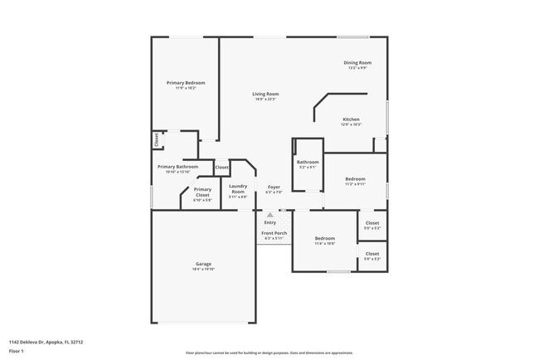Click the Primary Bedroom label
(186, 83)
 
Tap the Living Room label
(265, 94)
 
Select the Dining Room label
(357, 63)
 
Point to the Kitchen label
(352, 119)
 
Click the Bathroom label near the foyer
(308, 162)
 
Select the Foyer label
(274, 187)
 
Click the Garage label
(203, 264)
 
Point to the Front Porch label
(274, 233)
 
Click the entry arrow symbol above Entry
(270, 215)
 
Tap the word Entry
(270, 222)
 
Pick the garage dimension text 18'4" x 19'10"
(203, 270)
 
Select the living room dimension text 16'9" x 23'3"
(265, 100)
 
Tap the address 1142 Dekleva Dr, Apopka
(46, 341)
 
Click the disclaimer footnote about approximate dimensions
(269, 353)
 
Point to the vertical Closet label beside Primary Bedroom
(156, 140)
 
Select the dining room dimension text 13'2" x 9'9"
(357, 69)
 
